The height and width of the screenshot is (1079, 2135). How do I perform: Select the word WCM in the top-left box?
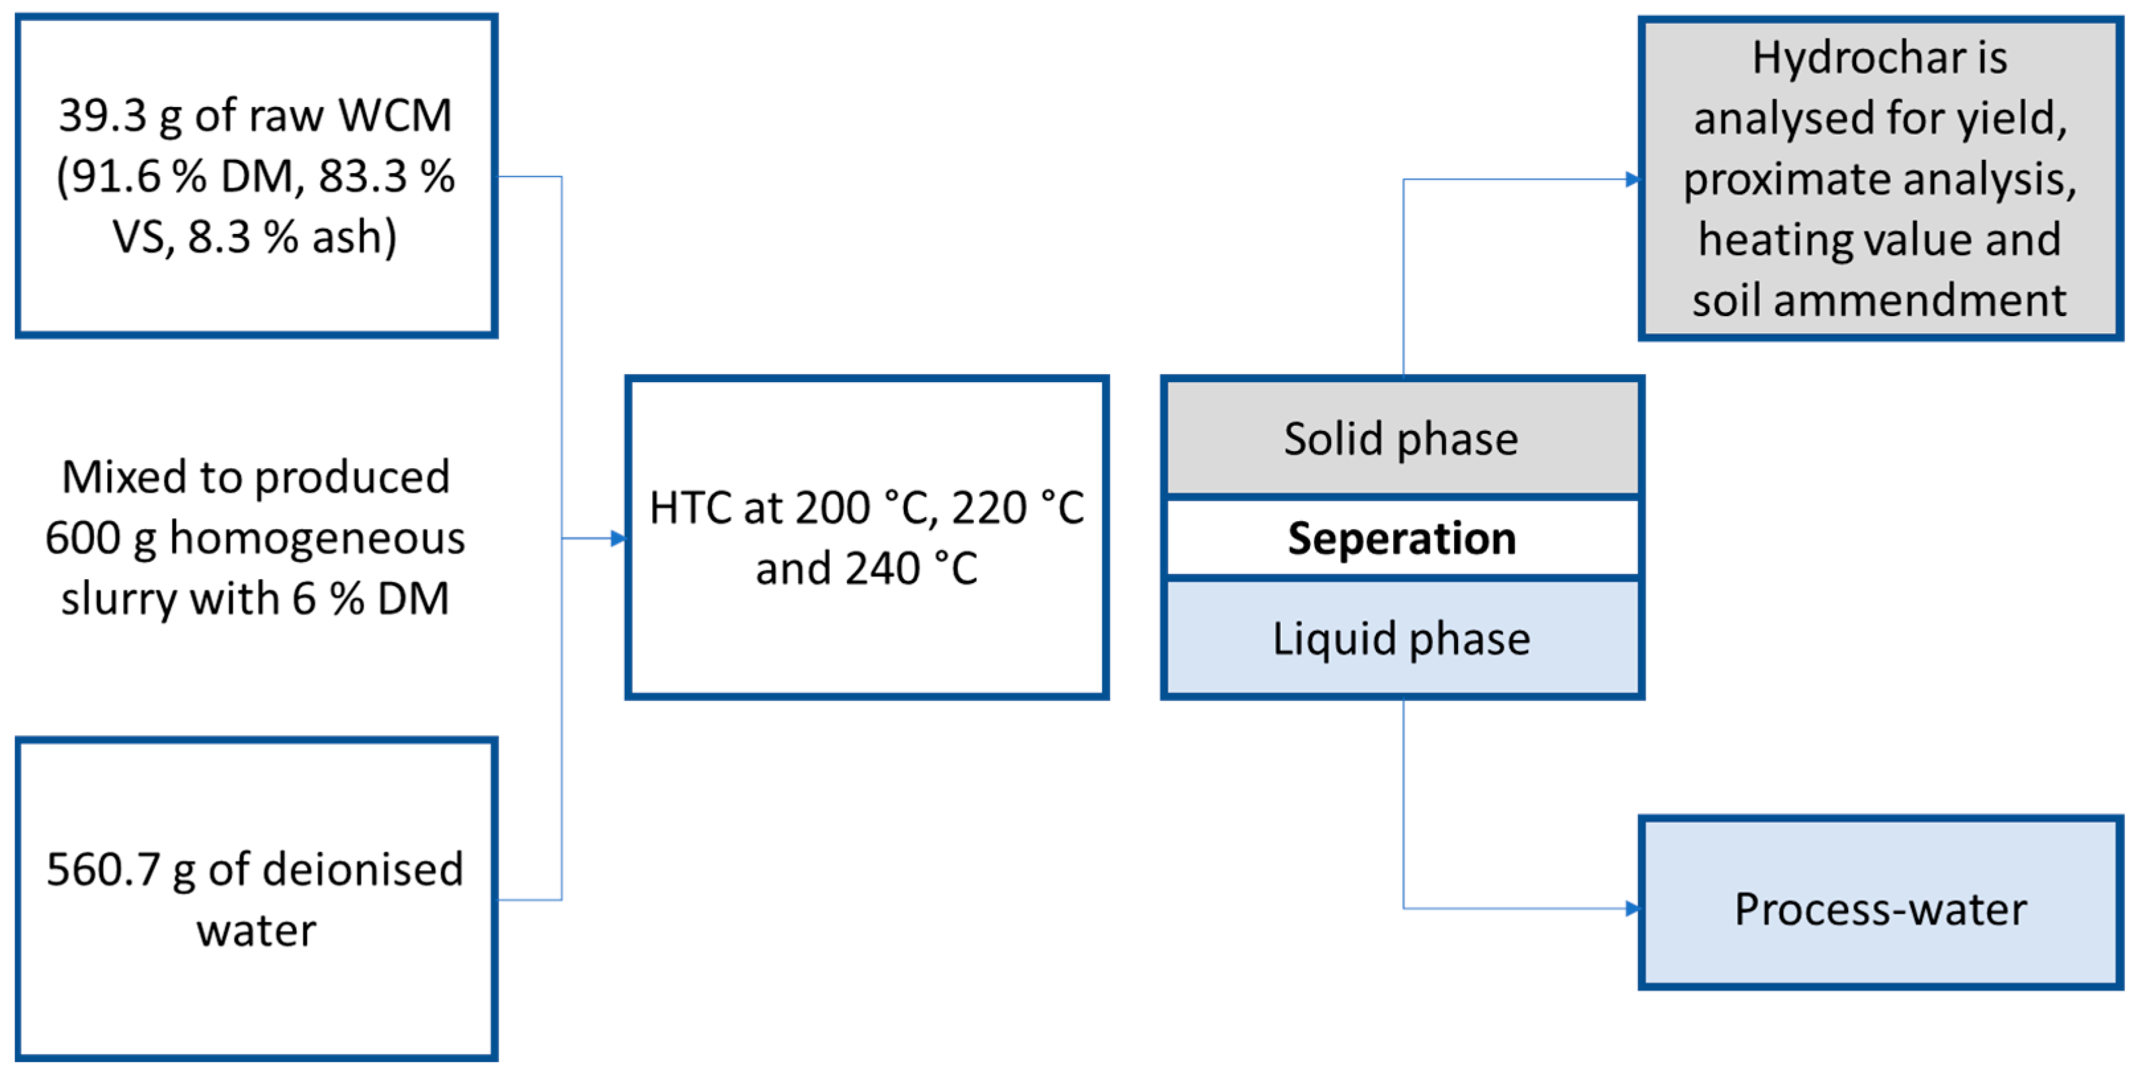click(x=395, y=116)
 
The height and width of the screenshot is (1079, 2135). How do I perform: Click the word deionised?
click(x=362, y=870)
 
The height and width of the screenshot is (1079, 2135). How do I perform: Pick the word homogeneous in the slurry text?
click(x=317, y=539)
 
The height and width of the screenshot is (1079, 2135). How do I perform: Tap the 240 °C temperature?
click(x=911, y=569)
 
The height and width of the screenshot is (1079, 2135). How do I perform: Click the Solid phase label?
click(x=1400, y=439)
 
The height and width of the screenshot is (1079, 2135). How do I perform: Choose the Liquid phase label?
click(x=1400, y=639)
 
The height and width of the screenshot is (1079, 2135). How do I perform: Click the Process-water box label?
click(x=1880, y=910)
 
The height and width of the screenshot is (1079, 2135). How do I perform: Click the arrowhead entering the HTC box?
click(x=619, y=539)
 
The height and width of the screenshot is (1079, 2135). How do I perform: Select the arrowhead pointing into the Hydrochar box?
click(x=1632, y=179)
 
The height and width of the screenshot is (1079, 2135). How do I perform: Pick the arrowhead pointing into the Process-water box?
click(x=1632, y=909)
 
